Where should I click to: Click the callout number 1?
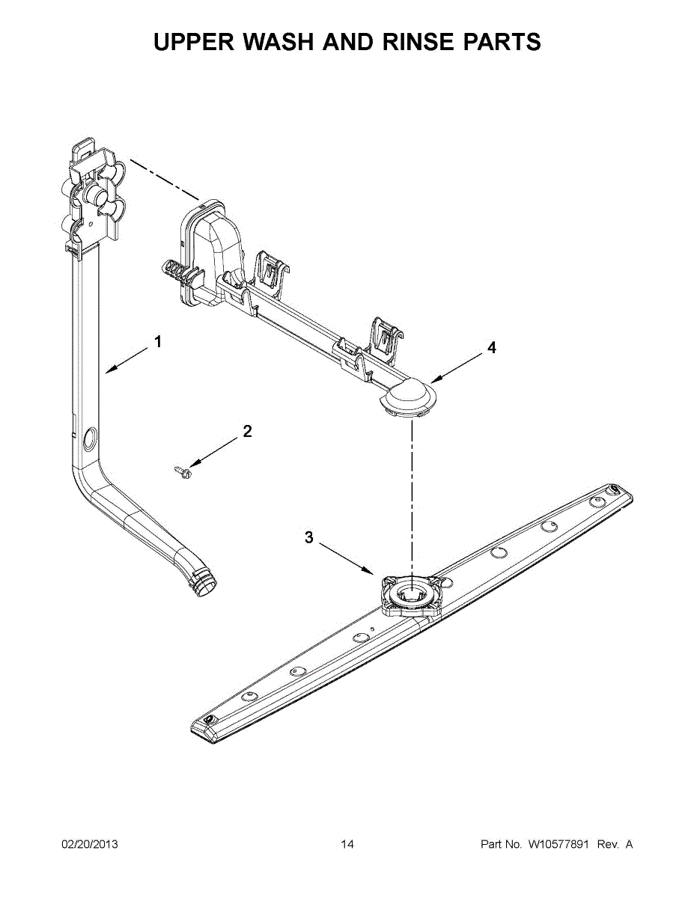158,342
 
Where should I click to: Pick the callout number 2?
247,431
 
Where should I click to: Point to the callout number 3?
308,537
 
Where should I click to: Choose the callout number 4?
491,347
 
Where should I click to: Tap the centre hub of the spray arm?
409,596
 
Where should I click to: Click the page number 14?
347,845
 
